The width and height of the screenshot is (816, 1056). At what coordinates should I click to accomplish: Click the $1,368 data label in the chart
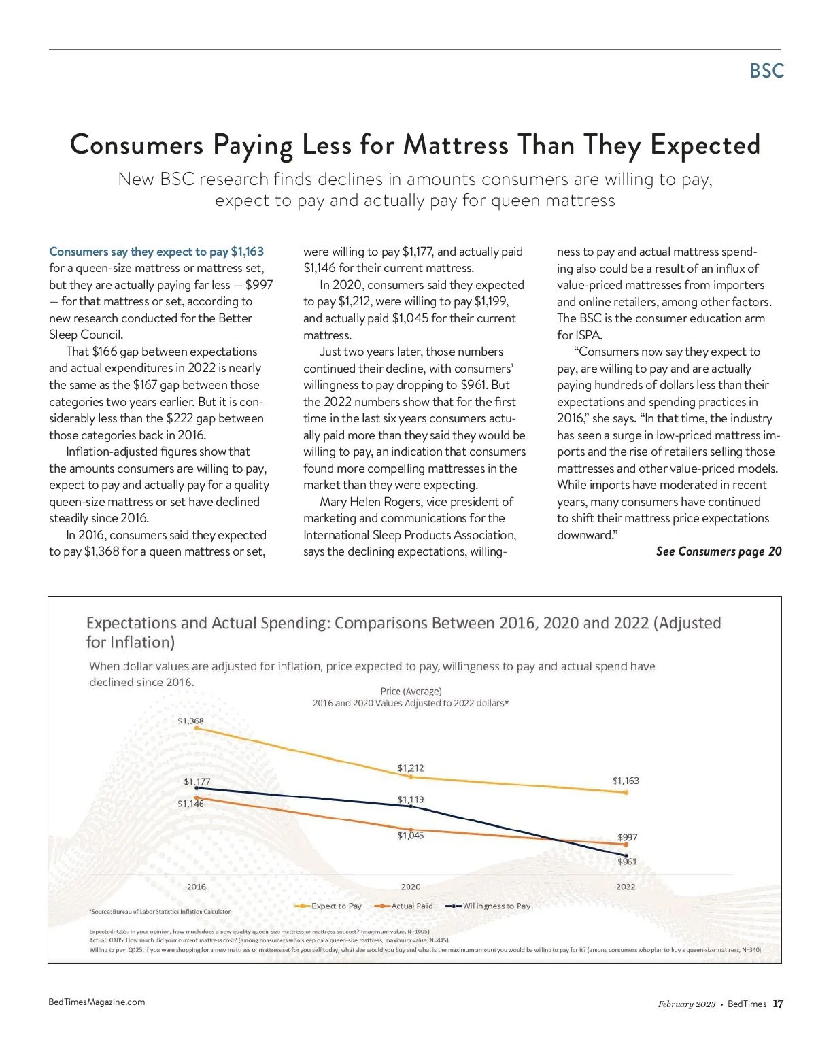tap(190, 721)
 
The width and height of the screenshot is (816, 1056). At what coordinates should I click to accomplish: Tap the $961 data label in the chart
tap(627, 862)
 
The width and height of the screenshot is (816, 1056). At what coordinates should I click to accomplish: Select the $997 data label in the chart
tap(628, 837)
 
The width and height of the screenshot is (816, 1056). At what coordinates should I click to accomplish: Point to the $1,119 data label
tap(411, 799)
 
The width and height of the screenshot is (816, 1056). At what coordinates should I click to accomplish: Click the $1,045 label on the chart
tap(411, 835)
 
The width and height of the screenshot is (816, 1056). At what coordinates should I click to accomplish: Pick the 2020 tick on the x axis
tap(411, 887)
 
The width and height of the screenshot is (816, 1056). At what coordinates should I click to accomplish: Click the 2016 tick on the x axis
tap(197, 887)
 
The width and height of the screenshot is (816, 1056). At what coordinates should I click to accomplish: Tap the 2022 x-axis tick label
tap(626, 887)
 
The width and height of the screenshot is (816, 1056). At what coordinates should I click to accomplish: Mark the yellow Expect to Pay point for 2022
tap(626, 792)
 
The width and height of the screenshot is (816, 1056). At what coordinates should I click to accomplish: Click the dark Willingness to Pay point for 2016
tap(197, 788)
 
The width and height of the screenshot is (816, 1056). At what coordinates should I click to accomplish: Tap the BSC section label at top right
tap(766, 71)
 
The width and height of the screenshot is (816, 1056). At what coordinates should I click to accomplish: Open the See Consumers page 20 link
tap(718, 551)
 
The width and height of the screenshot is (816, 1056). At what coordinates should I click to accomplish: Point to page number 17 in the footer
tap(778, 1004)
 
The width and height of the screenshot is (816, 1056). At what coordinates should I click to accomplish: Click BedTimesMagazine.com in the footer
tap(97, 1002)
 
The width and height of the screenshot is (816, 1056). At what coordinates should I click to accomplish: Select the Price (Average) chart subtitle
tap(411, 691)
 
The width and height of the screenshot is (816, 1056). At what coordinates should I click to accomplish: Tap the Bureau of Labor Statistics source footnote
tap(160, 911)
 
